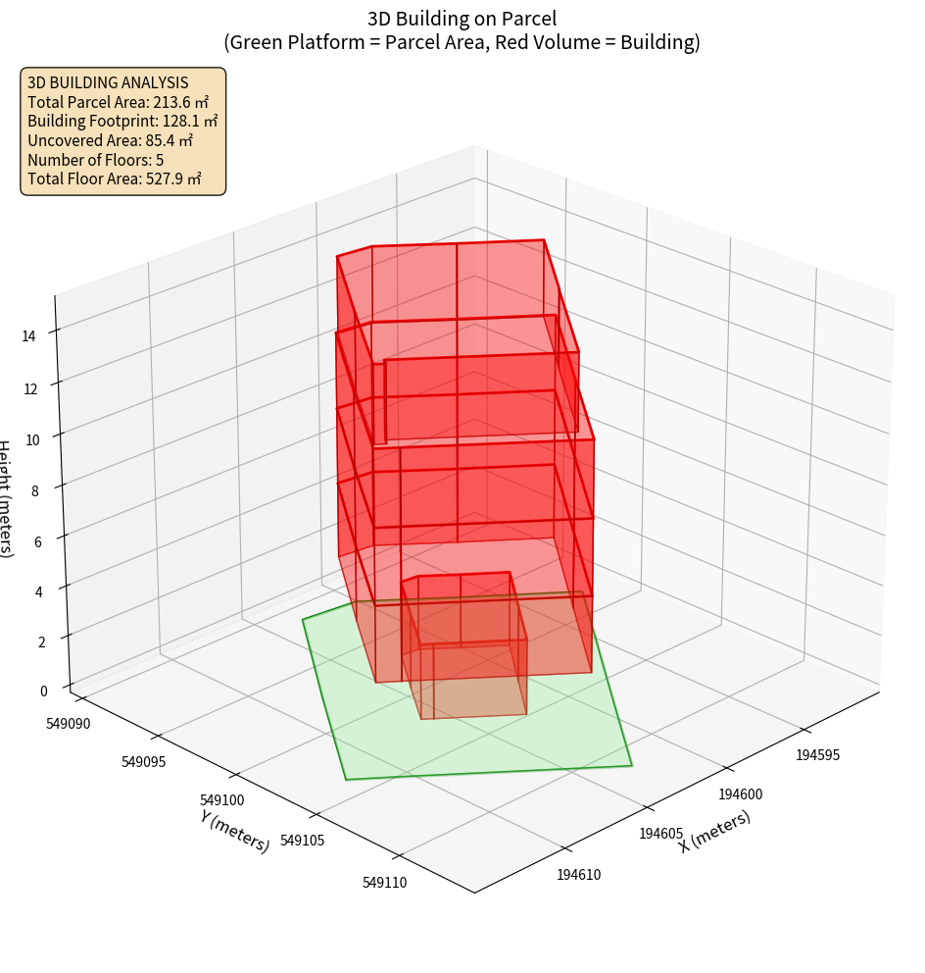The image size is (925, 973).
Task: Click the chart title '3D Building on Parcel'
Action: tap(462, 19)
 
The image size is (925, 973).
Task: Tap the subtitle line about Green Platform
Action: tap(462, 42)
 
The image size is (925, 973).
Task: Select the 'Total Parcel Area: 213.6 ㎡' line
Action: tap(118, 102)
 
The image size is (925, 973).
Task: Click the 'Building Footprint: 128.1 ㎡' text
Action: tap(122, 121)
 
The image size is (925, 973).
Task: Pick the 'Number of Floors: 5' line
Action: tap(95, 160)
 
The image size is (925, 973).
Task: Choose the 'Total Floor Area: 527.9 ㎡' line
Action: tap(114, 179)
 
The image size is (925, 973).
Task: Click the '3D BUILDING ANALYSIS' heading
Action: tap(108, 82)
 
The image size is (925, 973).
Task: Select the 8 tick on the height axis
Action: tap(34, 490)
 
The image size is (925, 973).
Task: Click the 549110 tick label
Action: tap(384, 883)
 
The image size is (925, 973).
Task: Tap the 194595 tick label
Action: tap(818, 755)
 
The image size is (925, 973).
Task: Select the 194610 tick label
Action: tap(578, 875)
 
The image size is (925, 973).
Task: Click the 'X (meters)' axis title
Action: tap(714, 831)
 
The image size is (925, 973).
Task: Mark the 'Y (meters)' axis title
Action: tap(234, 830)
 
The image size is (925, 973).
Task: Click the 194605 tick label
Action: tap(660, 834)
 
